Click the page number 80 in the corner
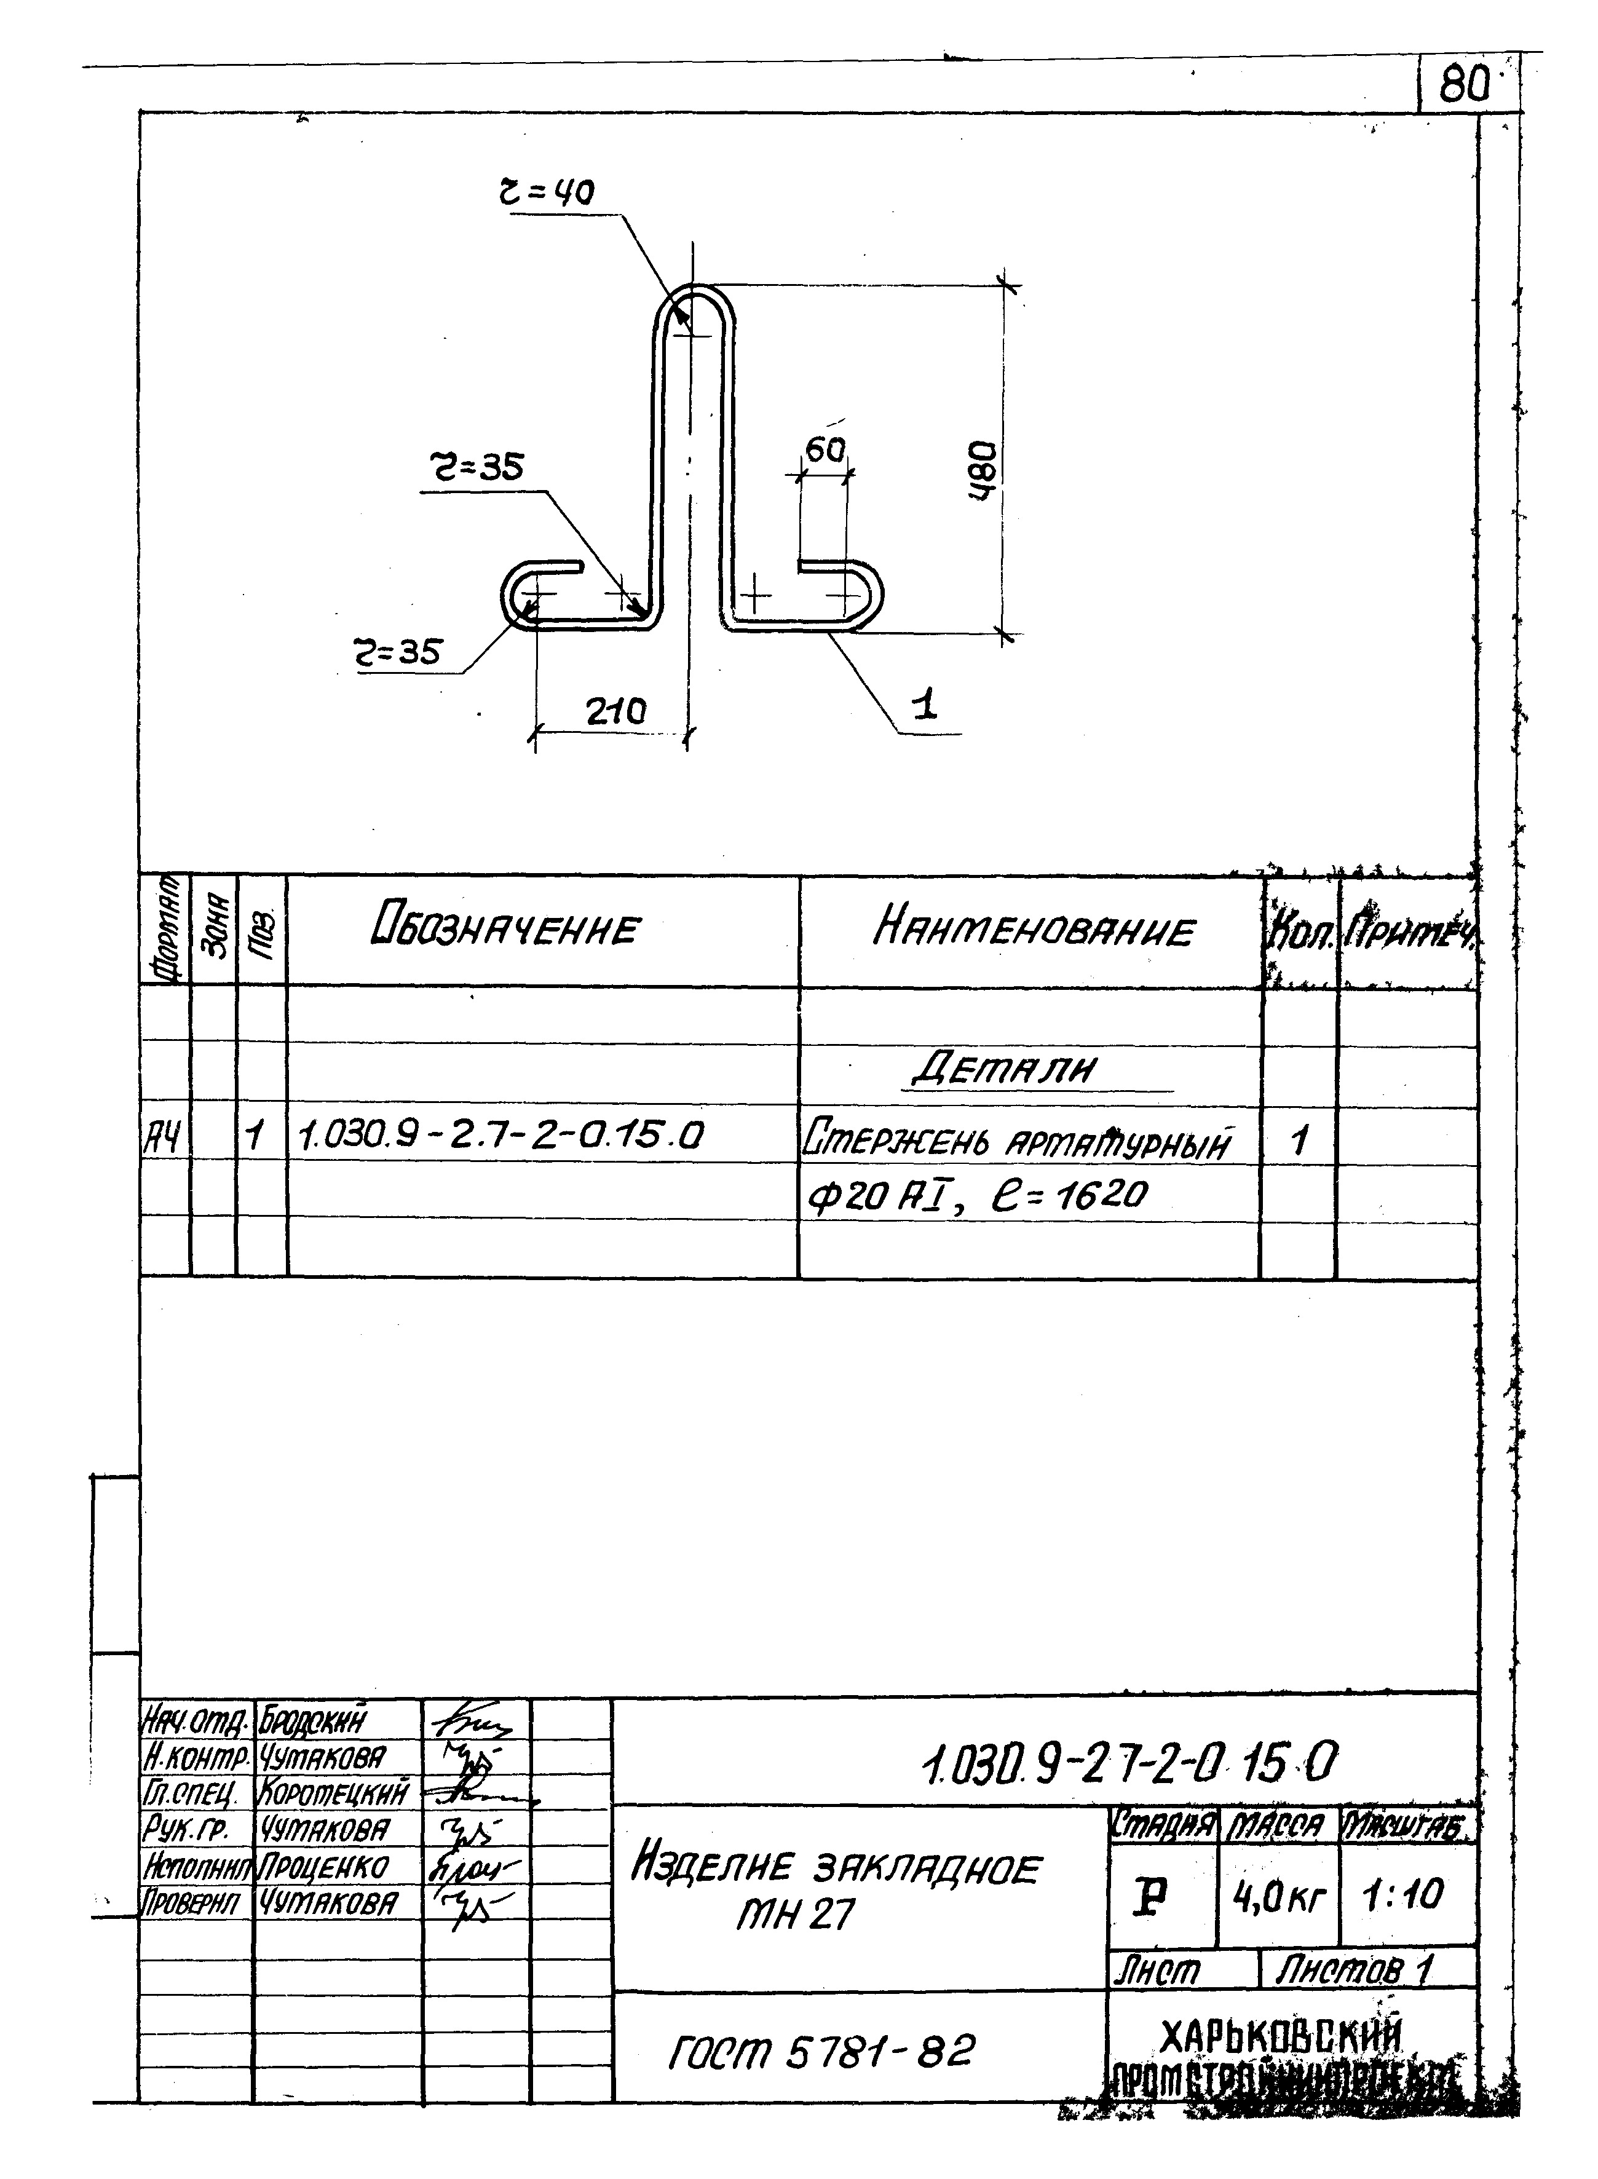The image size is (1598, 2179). [1463, 88]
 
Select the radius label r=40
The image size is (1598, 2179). [547, 194]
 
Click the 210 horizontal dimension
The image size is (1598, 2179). [615, 712]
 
